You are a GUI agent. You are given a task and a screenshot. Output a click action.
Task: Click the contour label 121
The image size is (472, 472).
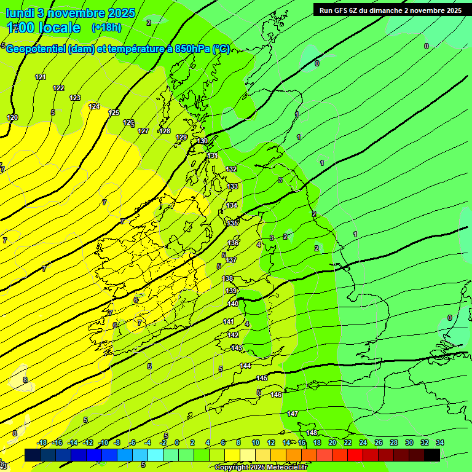[x=41, y=77]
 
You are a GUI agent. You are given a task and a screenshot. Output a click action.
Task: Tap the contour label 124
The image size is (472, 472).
[x=94, y=106]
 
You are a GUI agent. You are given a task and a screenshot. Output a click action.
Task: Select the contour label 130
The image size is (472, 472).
[x=202, y=141]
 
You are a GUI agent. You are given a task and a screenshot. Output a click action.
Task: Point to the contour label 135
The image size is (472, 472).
[x=232, y=223]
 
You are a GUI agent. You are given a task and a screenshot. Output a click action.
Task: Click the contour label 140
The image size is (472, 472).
[x=233, y=304]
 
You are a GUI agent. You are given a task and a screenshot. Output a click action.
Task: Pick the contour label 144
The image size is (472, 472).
[x=246, y=366]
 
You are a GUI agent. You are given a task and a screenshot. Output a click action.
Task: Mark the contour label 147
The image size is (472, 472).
[x=293, y=414]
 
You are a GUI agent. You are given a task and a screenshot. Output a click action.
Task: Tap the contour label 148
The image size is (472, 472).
[x=312, y=433]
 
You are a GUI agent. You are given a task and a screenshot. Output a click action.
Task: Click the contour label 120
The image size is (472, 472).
[x=12, y=117]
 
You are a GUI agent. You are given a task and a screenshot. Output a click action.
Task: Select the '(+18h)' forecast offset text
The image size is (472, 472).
[x=106, y=27]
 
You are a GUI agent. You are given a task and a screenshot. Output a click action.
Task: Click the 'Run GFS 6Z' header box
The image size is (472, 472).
[x=390, y=10]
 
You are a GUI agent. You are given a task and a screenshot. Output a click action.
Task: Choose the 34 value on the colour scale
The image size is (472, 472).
[x=440, y=442]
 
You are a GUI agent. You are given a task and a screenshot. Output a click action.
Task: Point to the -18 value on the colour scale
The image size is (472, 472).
[x=42, y=442]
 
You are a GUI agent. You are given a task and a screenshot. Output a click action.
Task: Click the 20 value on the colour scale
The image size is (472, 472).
[x=332, y=442]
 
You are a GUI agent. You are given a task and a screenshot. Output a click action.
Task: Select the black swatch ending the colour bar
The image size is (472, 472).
[x=432, y=455]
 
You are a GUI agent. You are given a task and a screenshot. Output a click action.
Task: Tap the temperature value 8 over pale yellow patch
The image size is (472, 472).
[x=25, y=380]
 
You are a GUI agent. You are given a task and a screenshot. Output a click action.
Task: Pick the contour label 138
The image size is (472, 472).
[x=228, y=278]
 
